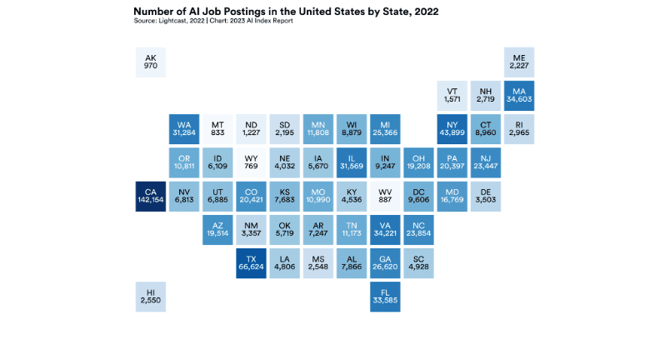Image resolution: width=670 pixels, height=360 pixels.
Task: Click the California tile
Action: click(x=151, y=196)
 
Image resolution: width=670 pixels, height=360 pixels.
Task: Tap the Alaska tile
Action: click(x=151, y=62)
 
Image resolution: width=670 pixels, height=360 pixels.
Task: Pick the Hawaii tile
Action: click(x=151, y=296)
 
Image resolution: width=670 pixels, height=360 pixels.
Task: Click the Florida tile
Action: click(x=384, y=296)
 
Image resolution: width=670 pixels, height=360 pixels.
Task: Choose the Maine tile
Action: click(x=518, y=62)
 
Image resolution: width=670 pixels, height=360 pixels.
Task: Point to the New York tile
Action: click(x=452, y=129)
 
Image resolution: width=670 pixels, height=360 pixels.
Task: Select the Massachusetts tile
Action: click(x=518, y=96)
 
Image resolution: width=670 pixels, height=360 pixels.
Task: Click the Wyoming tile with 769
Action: click(x=251, y=162)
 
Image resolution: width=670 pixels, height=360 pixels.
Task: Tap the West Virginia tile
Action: click(x=384, y=196)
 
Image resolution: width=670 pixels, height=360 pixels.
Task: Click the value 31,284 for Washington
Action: click(x=184, y=133)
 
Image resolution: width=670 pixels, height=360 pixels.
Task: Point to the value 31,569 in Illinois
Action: click(x=351, y=167)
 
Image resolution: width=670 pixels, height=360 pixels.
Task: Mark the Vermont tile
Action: click(x=452, y=96)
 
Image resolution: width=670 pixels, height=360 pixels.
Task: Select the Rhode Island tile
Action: click(x=518, y=129)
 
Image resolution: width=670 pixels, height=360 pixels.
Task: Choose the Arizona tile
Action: click(x=217, y=229)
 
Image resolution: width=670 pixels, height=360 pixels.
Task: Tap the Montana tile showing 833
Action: click(x=217, y=129)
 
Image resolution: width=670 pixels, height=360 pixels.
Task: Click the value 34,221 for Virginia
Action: click(x=384, y=233)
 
